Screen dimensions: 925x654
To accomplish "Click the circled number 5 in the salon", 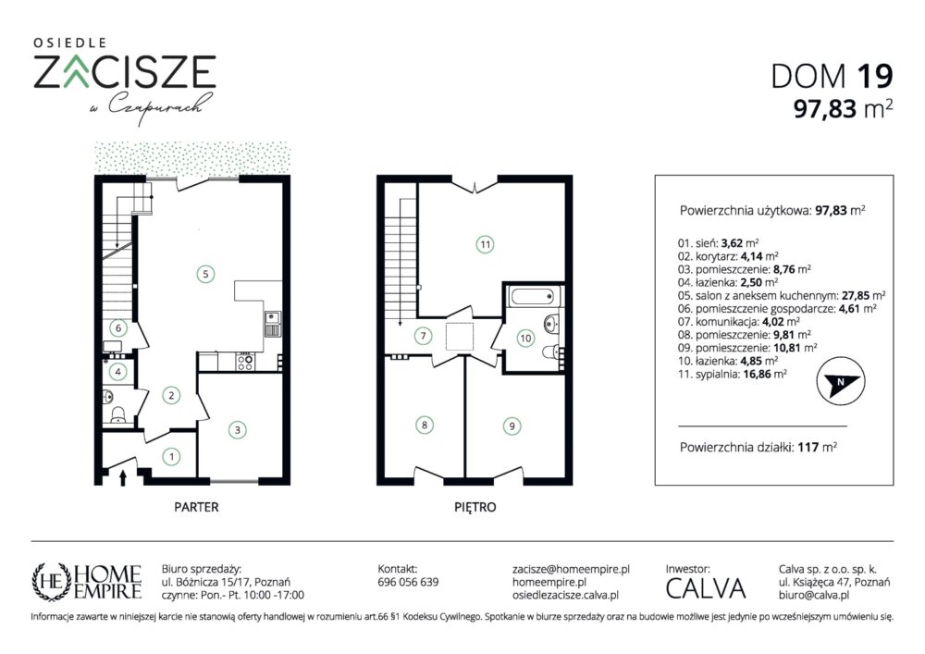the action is point(205,274).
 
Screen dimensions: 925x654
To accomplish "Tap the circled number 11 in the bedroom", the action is point(485,244).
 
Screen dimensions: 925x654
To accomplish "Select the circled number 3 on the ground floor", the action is point(237,429).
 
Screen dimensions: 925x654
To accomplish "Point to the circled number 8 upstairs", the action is point(425,425).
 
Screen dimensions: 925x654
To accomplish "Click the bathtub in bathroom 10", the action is point(532,295).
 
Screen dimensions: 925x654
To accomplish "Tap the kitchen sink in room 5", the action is point(272,324).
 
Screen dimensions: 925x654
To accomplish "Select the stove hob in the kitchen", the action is point(245,361).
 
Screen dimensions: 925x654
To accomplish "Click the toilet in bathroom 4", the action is point(118,415).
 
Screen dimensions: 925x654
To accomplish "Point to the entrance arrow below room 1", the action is point(123,477).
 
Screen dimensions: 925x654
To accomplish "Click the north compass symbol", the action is point(841,381).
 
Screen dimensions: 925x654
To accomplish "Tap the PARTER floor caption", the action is point(196,507).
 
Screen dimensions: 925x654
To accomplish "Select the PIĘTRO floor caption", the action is point(475,507).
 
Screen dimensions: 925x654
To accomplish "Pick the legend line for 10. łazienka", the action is point(727,361).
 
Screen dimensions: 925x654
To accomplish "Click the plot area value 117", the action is point(808,447).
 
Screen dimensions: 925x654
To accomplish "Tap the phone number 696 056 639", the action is point(408,582).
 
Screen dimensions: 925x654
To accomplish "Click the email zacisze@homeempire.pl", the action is point(571,569).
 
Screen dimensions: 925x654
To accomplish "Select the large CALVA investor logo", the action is point(706,588).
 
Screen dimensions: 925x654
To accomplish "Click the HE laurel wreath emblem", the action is point(52,582).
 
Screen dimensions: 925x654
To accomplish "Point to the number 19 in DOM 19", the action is point(875,76).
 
